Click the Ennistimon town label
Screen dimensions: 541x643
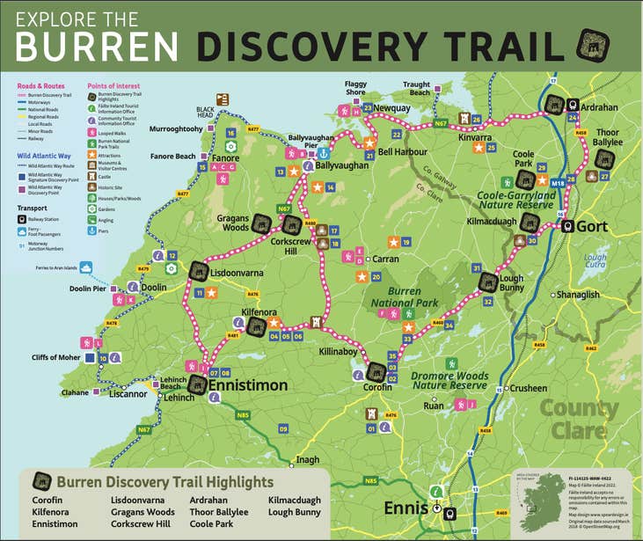pos(247,385)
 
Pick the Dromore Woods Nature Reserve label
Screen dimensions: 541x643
pos(449,381)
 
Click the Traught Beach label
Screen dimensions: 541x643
pos(416,89)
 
